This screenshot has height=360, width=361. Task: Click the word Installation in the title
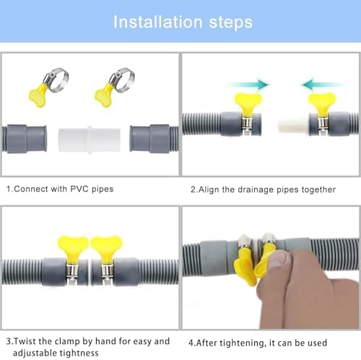(157, 22)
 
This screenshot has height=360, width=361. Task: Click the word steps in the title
(231, 23)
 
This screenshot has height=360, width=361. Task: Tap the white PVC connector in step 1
(90, 140)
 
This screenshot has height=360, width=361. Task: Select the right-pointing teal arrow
(248, 85)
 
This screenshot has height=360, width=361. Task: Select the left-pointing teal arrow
(323, 85)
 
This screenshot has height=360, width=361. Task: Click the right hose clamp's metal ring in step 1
(122, 80)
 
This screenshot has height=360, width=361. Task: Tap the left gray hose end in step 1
(24, 139)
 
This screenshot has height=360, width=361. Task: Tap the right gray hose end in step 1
(154, 139)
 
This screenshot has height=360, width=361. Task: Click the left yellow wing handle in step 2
(248, 104)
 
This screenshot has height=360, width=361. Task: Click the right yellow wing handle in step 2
(322, 104)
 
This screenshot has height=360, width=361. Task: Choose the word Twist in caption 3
(25, 341)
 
